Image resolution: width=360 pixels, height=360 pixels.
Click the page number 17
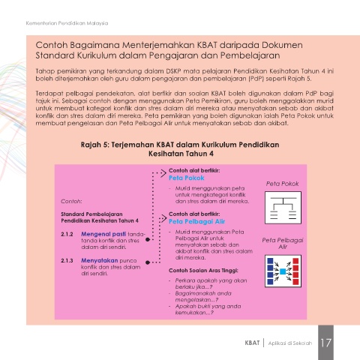pyautogui.click(x=326, y=343)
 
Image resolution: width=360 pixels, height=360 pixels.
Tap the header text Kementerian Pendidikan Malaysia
pyautogui.click(x=67, y=23)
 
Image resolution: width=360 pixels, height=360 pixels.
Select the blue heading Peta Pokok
pyautogui.click(x=187, y=178)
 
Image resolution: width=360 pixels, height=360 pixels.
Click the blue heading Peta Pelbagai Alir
pyautogui.click(x=196, y=221)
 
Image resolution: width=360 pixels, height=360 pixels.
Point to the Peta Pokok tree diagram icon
pyautogui.click(x=283, y=208)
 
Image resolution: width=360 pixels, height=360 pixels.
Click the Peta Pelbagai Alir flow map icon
pyautogui.click(x=283, y=271)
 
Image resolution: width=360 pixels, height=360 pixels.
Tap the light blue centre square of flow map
pyautogui.click(x=283, y=271)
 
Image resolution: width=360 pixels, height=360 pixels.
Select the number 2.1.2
pyautogui.click(x=67, y=234)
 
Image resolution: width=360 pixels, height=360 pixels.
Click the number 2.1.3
pyautogui.click(x=67, y=260)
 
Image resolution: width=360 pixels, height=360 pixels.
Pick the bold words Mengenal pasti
pyautogui.click(x=103, y=234)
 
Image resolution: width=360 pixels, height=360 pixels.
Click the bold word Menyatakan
pyautogui.click(x=99, y=260)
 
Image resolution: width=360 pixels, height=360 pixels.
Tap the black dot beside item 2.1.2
pyautogui.click(x=148, y=239)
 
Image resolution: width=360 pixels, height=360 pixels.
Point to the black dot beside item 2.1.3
pyautogui.click(x=148, y=262)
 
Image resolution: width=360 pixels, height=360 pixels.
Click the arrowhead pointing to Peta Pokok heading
pyautogui.click(x=163, y=173)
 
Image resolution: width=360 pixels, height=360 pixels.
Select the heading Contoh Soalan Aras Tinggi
pyautogui.click(x=203, y=271)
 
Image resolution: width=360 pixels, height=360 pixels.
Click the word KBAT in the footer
pyautogui.click(x=252, y=343)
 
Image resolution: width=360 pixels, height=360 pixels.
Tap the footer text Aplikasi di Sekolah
pyautogui.click(x=290, y=343)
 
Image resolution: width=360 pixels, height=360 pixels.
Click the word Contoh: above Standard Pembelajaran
pyautogui.click(x=71, y=202)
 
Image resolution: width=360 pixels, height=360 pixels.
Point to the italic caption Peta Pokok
pyautogui.click(x=282, y=184)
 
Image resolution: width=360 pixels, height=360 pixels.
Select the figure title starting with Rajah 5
pyautogui.click(x=180, y=149)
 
